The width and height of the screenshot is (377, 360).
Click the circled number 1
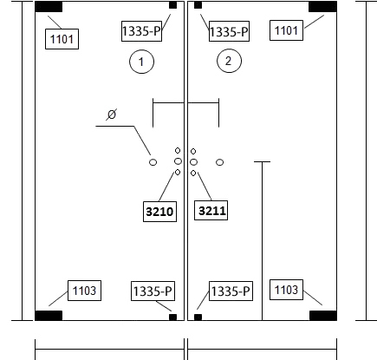click(x=141, y=62)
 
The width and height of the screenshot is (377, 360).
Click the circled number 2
click(x=229, y=61)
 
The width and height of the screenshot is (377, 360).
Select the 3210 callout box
click(x=159, y=212)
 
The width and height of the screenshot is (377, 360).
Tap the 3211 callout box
click(x=211, y=211)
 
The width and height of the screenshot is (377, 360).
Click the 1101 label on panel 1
click(x=62, y=39)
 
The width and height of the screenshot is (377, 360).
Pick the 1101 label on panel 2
click(x=286, y=30)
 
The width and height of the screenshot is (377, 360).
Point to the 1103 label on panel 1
click(x=84, y=291)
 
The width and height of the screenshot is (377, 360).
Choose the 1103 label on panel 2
click(x=286, y=290)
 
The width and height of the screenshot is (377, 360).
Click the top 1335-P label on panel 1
click(x=141, y=31)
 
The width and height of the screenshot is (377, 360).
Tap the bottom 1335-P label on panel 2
click(x=231, y=291)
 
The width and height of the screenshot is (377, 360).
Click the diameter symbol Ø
click(x=112, y=115)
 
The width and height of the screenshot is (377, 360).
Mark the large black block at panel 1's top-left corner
click(x=49, y=7)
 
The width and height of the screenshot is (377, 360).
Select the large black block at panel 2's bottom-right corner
click(x=323, y=316)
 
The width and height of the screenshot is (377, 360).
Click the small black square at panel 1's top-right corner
click(x=172, y=5)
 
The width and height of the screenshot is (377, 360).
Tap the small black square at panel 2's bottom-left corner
click(x=198, y=317)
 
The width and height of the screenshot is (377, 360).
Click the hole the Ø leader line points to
click(x=153, y=162)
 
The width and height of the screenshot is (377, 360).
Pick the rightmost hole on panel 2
click(x=219, y=162)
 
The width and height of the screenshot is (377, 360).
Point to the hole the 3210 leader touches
click(x=178, y=173)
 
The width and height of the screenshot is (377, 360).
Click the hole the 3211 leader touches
click(x=193, y=173)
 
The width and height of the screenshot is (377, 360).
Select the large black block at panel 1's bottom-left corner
click(x=49, y=316)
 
